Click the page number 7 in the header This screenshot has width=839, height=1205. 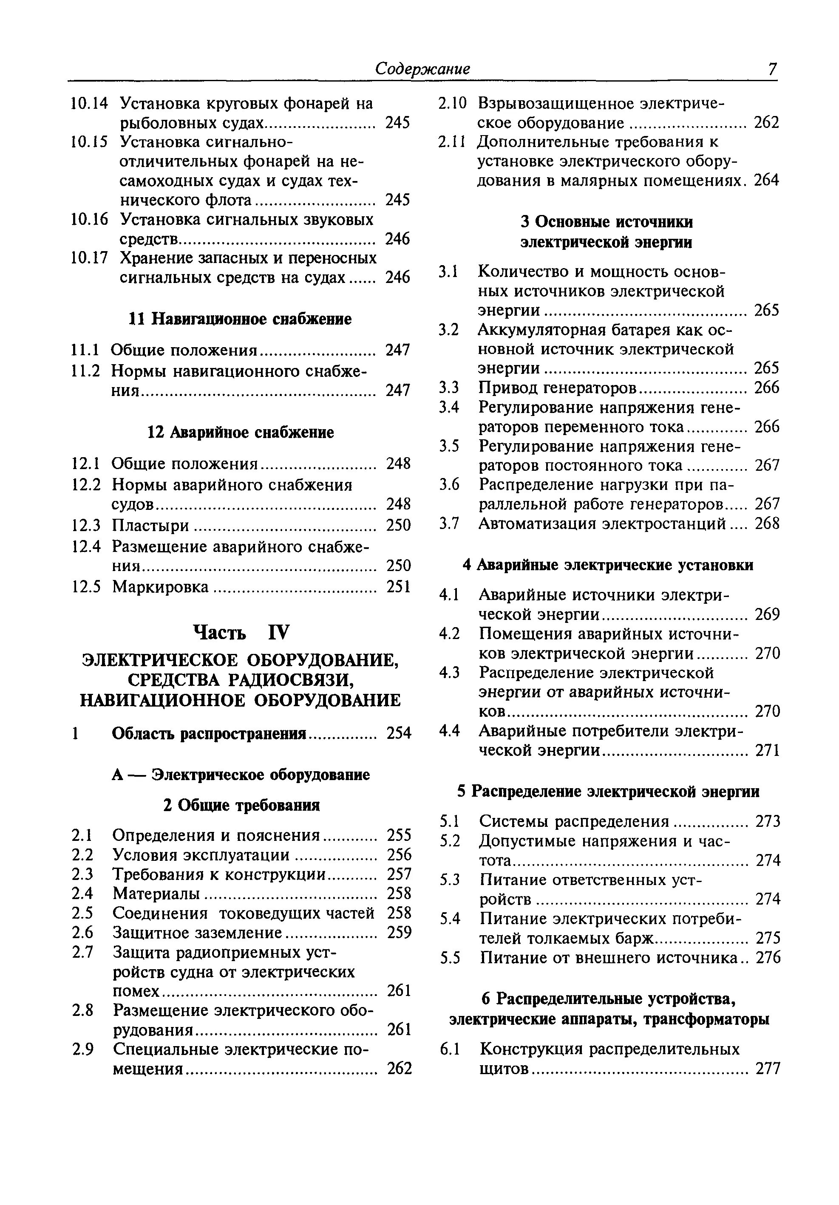tap(771, 69)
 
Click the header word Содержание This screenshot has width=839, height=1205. tap(422, 69)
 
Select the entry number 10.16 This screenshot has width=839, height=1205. tap(89, 219)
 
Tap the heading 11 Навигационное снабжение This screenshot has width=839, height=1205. tap(240, 319)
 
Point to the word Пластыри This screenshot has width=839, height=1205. tap(151, 525)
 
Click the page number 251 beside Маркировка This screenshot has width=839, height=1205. tap(398, 586)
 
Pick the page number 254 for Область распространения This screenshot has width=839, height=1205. tap(399, 733)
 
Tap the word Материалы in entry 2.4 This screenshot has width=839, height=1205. tap(156, 893)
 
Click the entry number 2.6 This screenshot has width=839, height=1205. tap(82, 932)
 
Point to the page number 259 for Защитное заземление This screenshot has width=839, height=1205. tap(399, 932)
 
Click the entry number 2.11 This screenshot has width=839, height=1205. tap(451, 142)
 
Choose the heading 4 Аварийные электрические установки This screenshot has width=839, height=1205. tap(607, 565)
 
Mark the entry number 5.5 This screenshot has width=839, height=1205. tap(450, 958)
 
